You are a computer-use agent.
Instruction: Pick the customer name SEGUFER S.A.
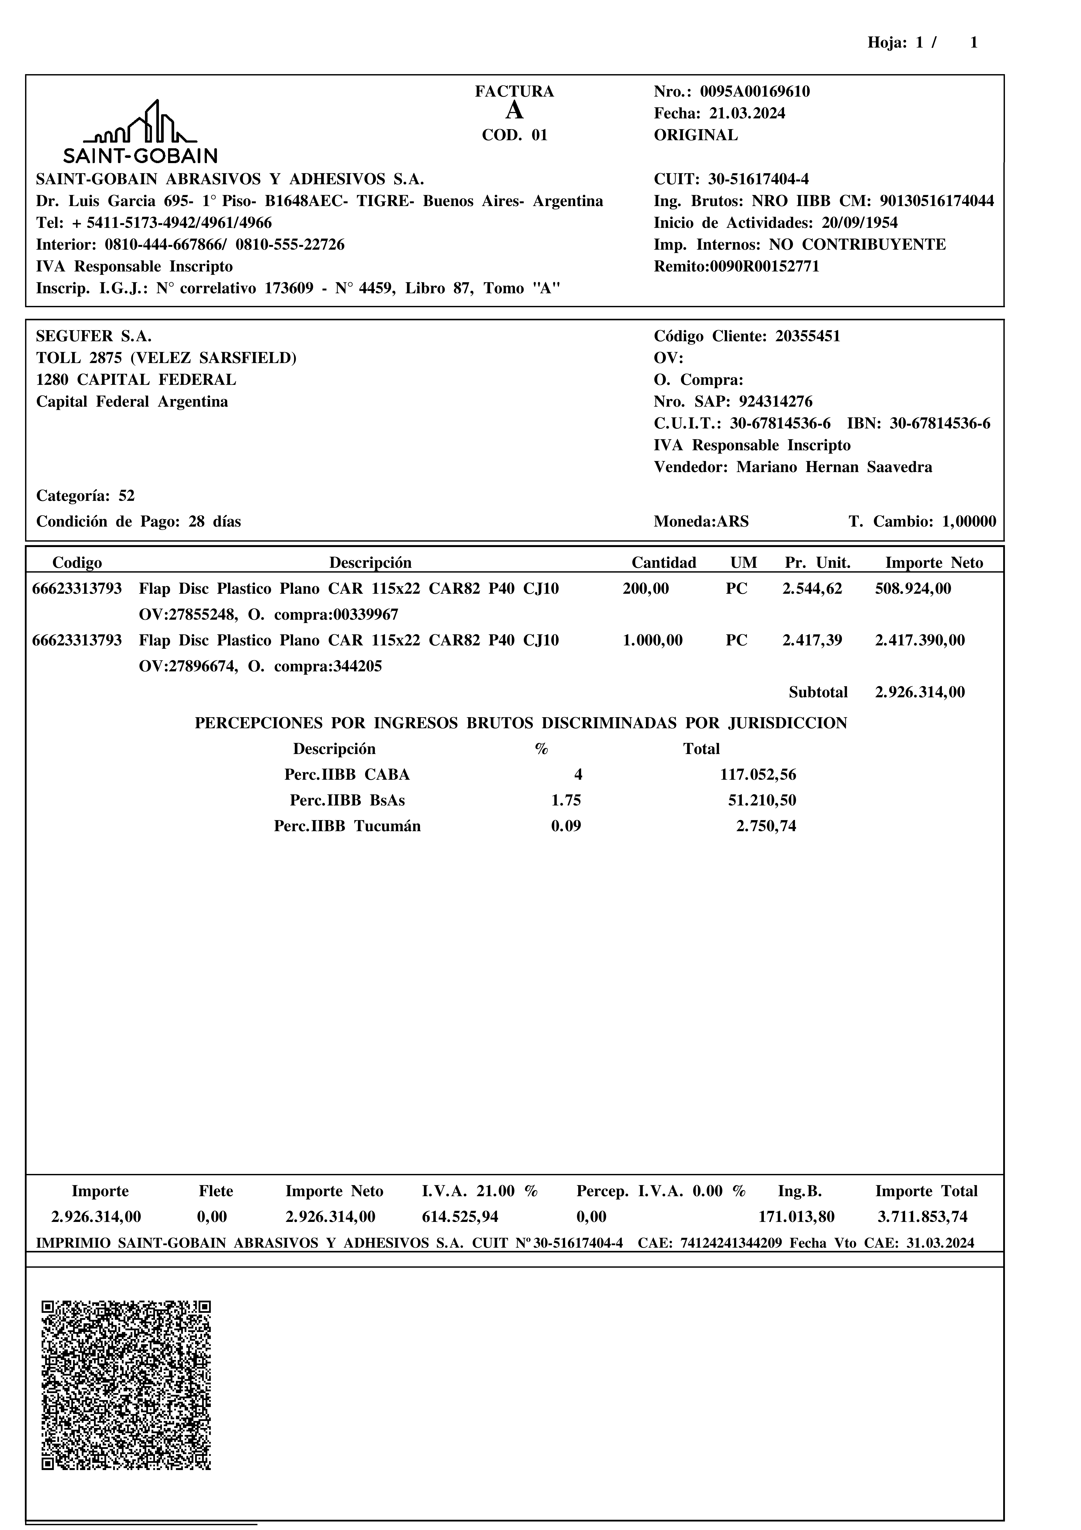pos(94,336)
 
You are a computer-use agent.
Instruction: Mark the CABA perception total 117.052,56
pos(758,775)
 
